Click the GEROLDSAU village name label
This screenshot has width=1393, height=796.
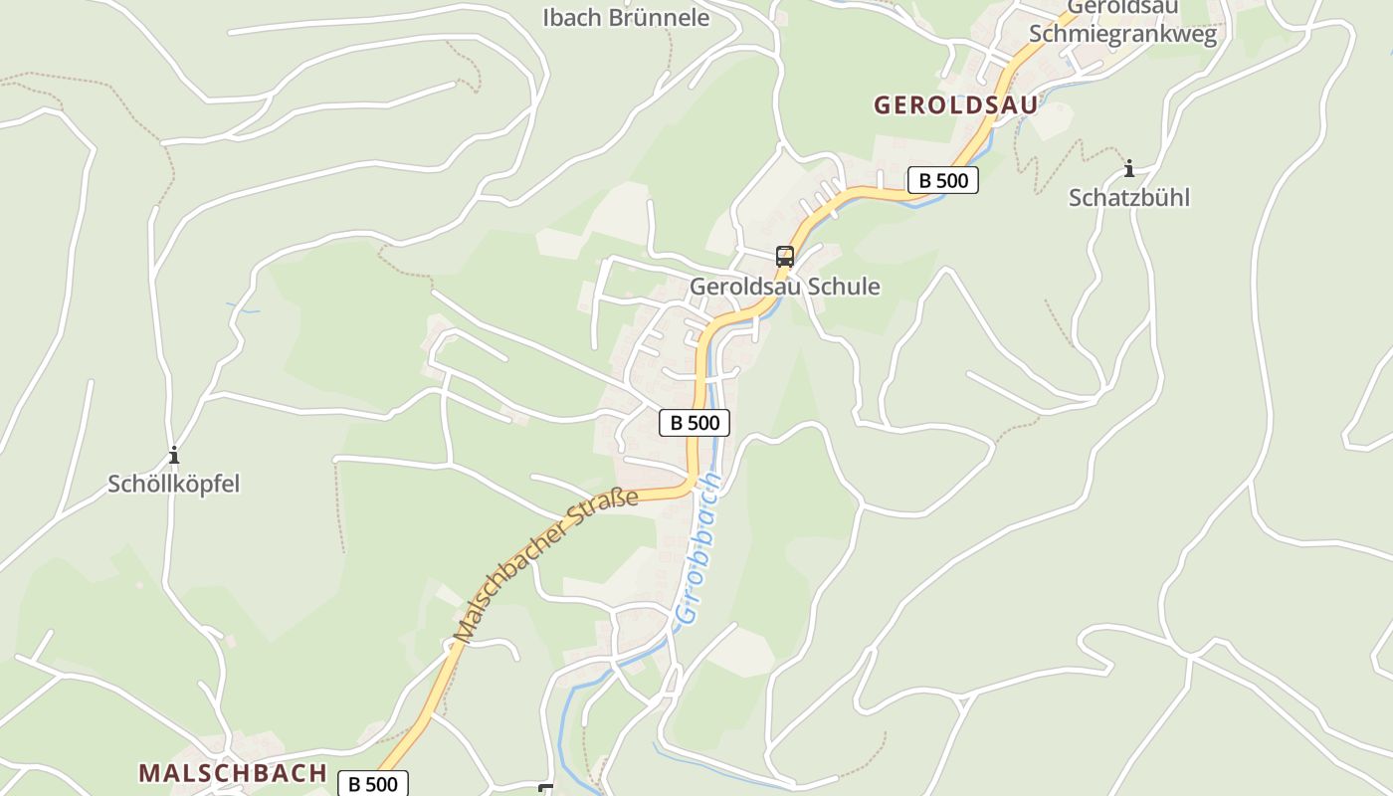pyautogui.click(x=955, y=104)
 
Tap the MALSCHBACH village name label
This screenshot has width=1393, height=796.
pyautogui.click(x=233, y=773)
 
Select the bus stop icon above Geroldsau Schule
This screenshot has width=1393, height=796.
pyautogui.click(x=785, y=257)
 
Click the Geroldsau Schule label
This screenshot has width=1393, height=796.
pyautogui.click(x=785, y=287)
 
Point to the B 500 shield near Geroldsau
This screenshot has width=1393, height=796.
pyautogui.click(x=943, y=180)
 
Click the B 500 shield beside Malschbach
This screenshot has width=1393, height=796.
pyautogui.click(x=373, y=784)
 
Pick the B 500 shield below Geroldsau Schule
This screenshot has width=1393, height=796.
pyautogui.click(x=695, y=423)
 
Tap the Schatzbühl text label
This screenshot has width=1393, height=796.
pyautogui.click(x=1129, y=197)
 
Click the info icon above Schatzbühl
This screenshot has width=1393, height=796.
pyautogui.click(x=1128, y=168)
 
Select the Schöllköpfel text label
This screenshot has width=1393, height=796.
pyautogui.click(x=174, y=485)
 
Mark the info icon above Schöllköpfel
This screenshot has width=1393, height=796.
pyautogui.click(x=174, y=456)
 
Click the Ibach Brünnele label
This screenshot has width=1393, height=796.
pyautogui.click(x=626, y=17)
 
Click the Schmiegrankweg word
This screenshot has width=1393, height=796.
pyautogui.click(x=1122, y=34)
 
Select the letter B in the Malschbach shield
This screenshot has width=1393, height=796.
pyautogui.click(x=353, y=784)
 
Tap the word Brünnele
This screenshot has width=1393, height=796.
pyautogui.click(x=661, y=17)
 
